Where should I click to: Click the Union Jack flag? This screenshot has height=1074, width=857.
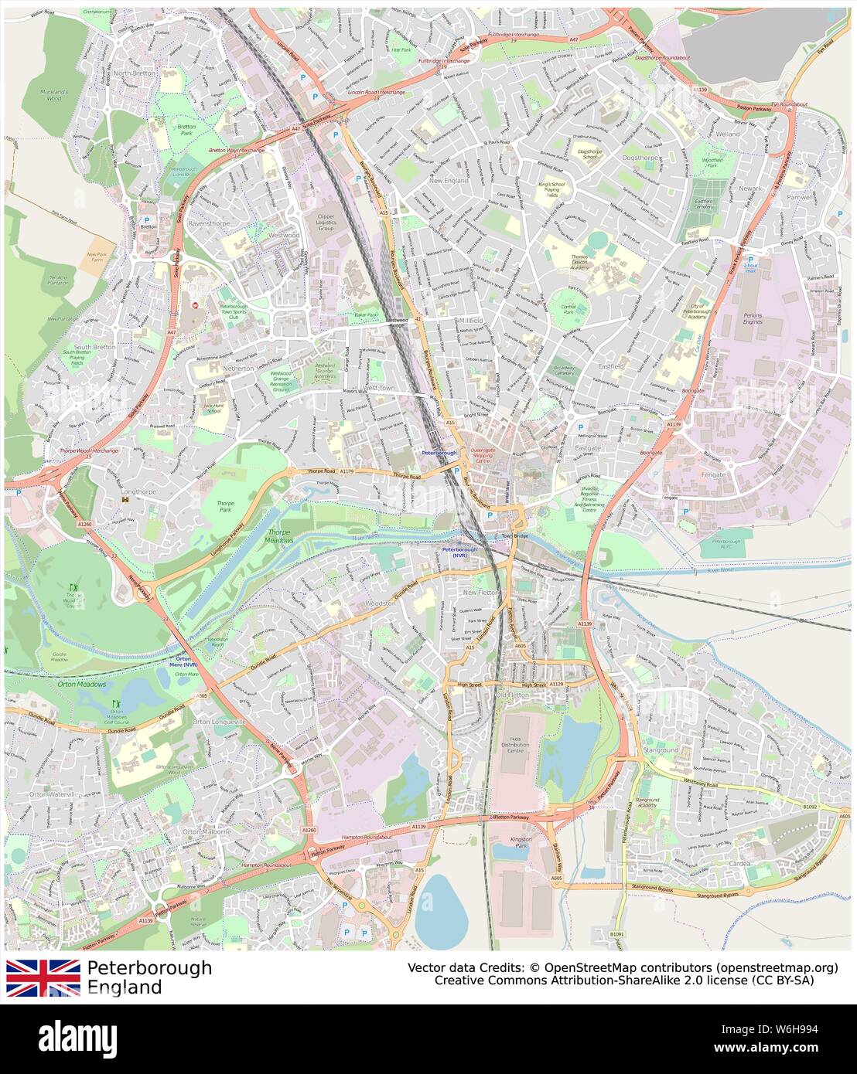click(x=43, y=977)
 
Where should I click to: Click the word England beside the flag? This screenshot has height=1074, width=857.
click(x=125, y=987)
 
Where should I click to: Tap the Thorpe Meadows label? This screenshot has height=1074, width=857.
click(x=281, y=536)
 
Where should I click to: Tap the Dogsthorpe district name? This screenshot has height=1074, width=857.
click(x=638, y=158)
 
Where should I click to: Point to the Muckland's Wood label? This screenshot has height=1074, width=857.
click(x=55, y=95)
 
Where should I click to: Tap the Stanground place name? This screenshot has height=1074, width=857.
click(x=661, y=749)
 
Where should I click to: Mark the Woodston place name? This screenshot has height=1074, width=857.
click(x=381, y=603)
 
